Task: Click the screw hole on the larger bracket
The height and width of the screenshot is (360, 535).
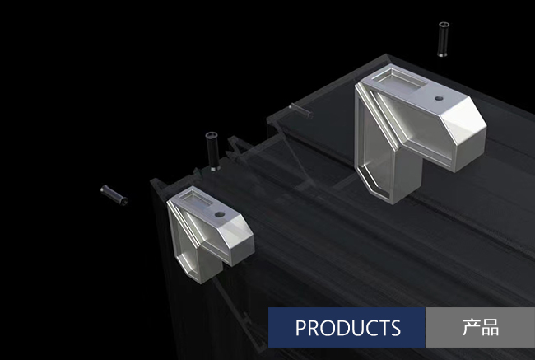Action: [x=440, y=98]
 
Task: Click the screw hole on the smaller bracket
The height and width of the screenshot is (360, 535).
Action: [x=220, y=214]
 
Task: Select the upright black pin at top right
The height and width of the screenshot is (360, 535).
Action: [x=443, y=39]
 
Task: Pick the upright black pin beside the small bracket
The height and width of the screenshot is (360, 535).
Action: [x=212, y=151]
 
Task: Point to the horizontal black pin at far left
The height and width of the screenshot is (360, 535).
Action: [x=114, y=195]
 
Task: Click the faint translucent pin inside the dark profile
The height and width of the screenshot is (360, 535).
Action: [x=300, y=110]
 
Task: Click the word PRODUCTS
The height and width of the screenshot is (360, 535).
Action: [x=347, y=328]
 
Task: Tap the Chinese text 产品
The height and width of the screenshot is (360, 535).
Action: [x=481, y=327]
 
